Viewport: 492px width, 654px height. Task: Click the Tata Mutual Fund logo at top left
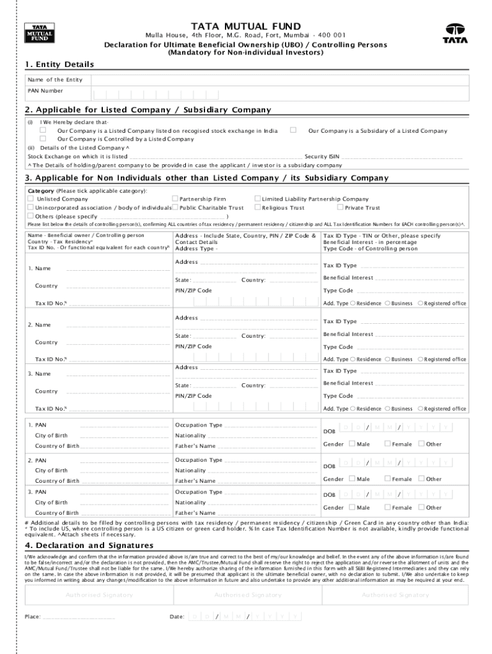point(39,33)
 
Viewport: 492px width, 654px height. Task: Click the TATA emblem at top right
point(455,33)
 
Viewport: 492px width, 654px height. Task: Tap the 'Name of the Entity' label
point(55,79)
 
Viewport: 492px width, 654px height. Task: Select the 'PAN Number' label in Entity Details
point(45,91)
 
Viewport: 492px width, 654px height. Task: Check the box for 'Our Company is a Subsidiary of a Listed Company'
point(293,130)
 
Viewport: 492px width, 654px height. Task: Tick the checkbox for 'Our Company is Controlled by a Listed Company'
point(43,139)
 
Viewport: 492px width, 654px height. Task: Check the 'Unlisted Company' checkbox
point(31,199)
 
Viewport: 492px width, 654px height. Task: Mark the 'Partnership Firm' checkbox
point(175,199)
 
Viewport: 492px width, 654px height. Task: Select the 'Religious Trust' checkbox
point(258,208)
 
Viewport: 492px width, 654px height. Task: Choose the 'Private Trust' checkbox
point(340,208)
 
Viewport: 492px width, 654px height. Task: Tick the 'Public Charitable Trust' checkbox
point(175,208)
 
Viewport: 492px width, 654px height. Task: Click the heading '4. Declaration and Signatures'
point(89,545)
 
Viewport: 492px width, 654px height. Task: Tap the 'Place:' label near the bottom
point(33,617)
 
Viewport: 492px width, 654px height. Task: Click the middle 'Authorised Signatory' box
point(247,595)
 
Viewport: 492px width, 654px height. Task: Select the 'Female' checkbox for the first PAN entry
point(387,444)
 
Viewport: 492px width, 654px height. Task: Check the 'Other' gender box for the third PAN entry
point(421,508)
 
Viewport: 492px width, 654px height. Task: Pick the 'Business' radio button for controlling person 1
point(387,303)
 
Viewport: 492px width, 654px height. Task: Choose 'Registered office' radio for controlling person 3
point(420,409)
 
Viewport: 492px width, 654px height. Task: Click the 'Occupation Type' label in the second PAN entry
point(199,460)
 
